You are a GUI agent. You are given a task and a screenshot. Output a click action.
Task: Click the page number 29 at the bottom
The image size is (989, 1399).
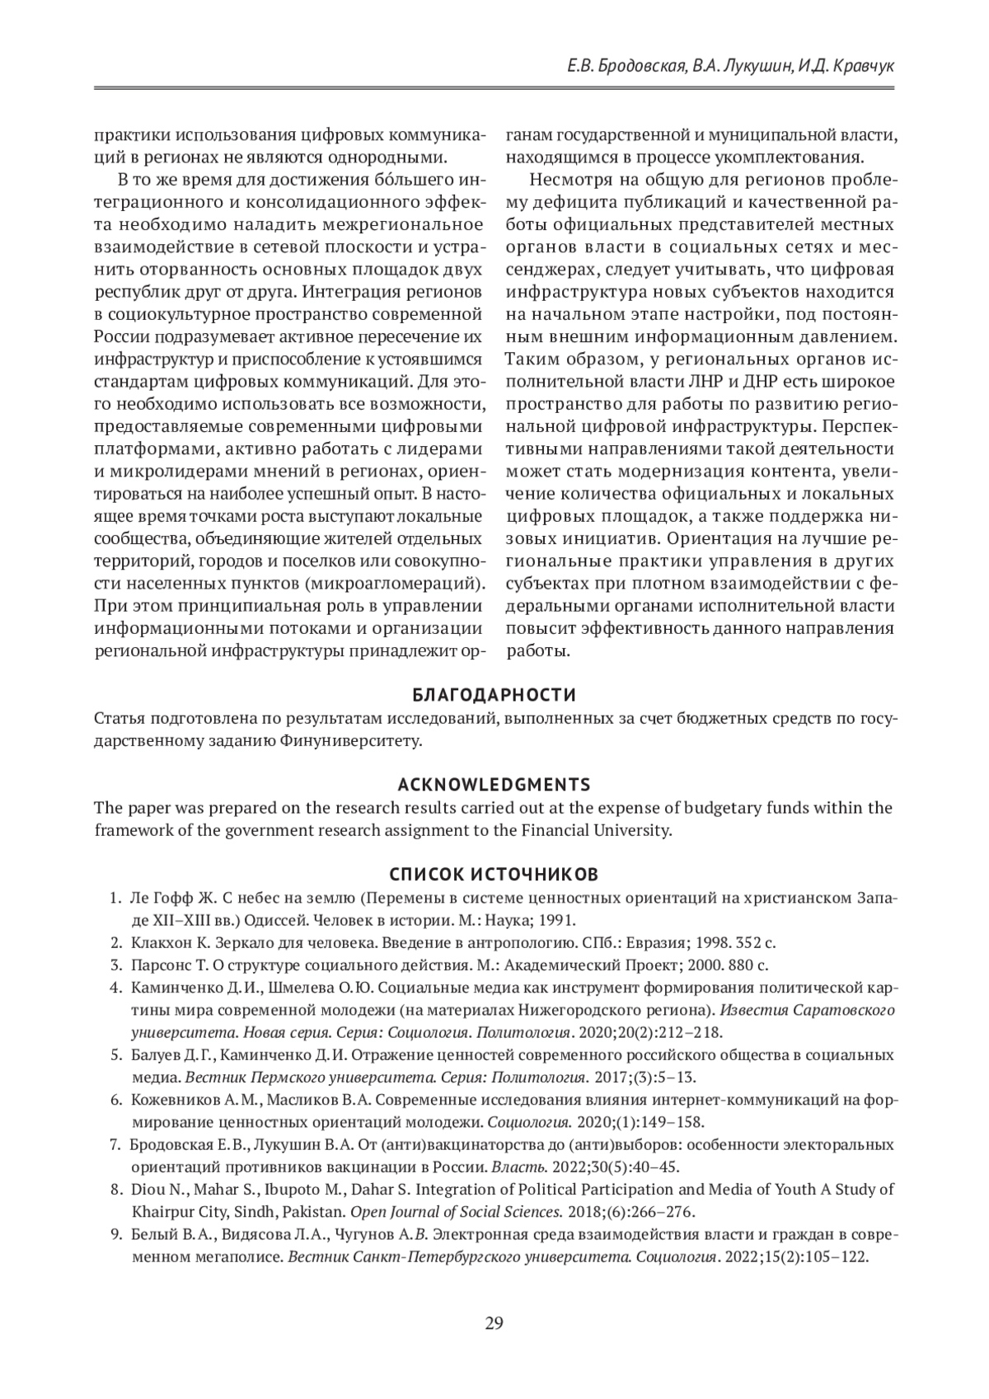click(494, 1324)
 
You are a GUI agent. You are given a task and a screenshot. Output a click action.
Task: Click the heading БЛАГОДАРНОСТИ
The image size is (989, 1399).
click(494, 694)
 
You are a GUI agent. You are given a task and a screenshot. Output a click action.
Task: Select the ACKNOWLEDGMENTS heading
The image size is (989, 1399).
click(494, 784)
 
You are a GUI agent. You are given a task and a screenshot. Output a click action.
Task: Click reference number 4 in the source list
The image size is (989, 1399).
click(115, 988)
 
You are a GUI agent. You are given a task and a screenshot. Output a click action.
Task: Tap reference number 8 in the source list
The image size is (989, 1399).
click(115, 1190)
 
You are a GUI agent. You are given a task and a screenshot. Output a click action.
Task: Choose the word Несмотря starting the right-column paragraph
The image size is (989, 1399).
click(571, 180)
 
